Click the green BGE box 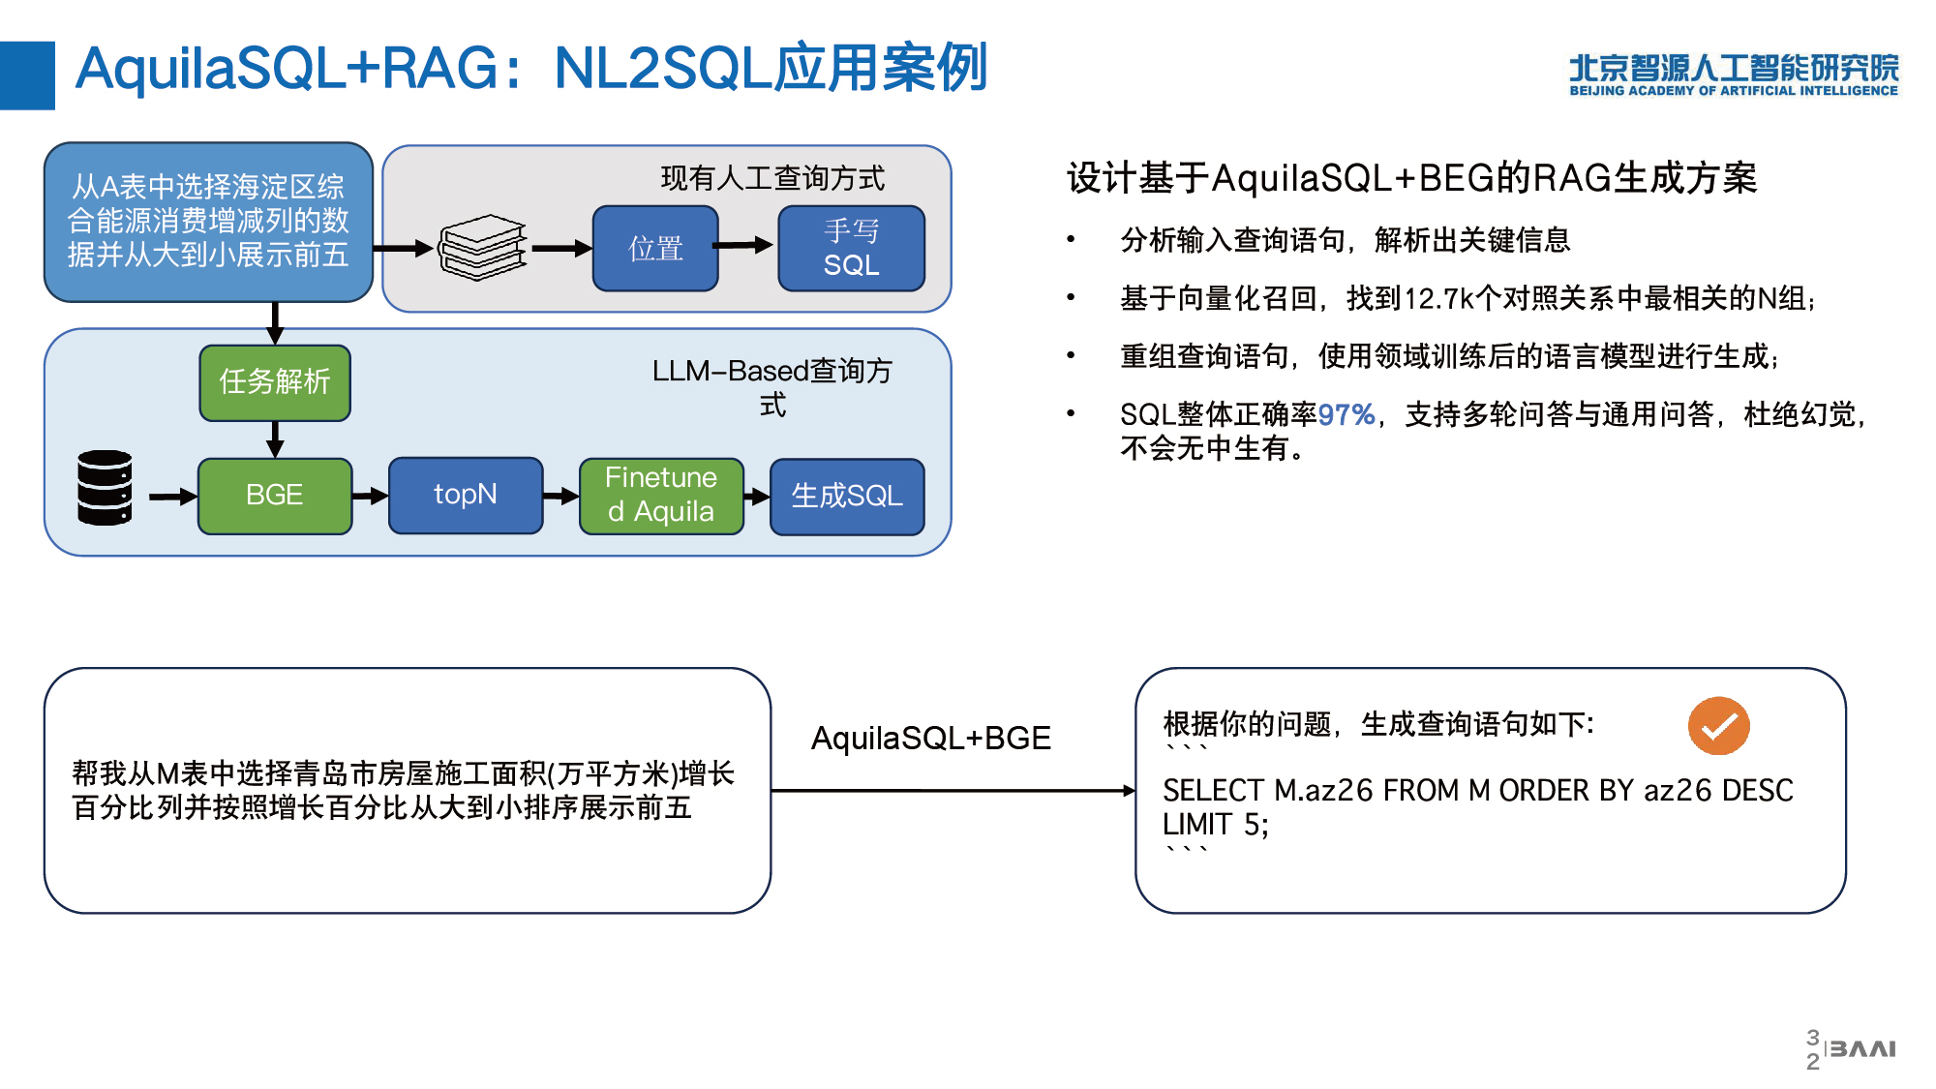(275, 496)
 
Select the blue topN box (466, 496)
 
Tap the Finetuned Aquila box (661, 496)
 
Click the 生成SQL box (847, 497)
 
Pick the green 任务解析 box (275, 382)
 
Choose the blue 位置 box (655, 249)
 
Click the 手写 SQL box (852, 249)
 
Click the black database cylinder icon (105, 488)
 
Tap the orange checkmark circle (1718, 726)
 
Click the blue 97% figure (1346, 415)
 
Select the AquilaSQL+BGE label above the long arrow (931, 739)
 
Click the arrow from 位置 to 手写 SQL (743, 246)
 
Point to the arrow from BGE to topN (370, 497)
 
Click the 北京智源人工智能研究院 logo (1734, 75)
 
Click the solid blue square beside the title (27, 76)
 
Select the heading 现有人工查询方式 (772, 178)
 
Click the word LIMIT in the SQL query (1197, 825)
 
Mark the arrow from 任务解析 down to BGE (275, 439)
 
